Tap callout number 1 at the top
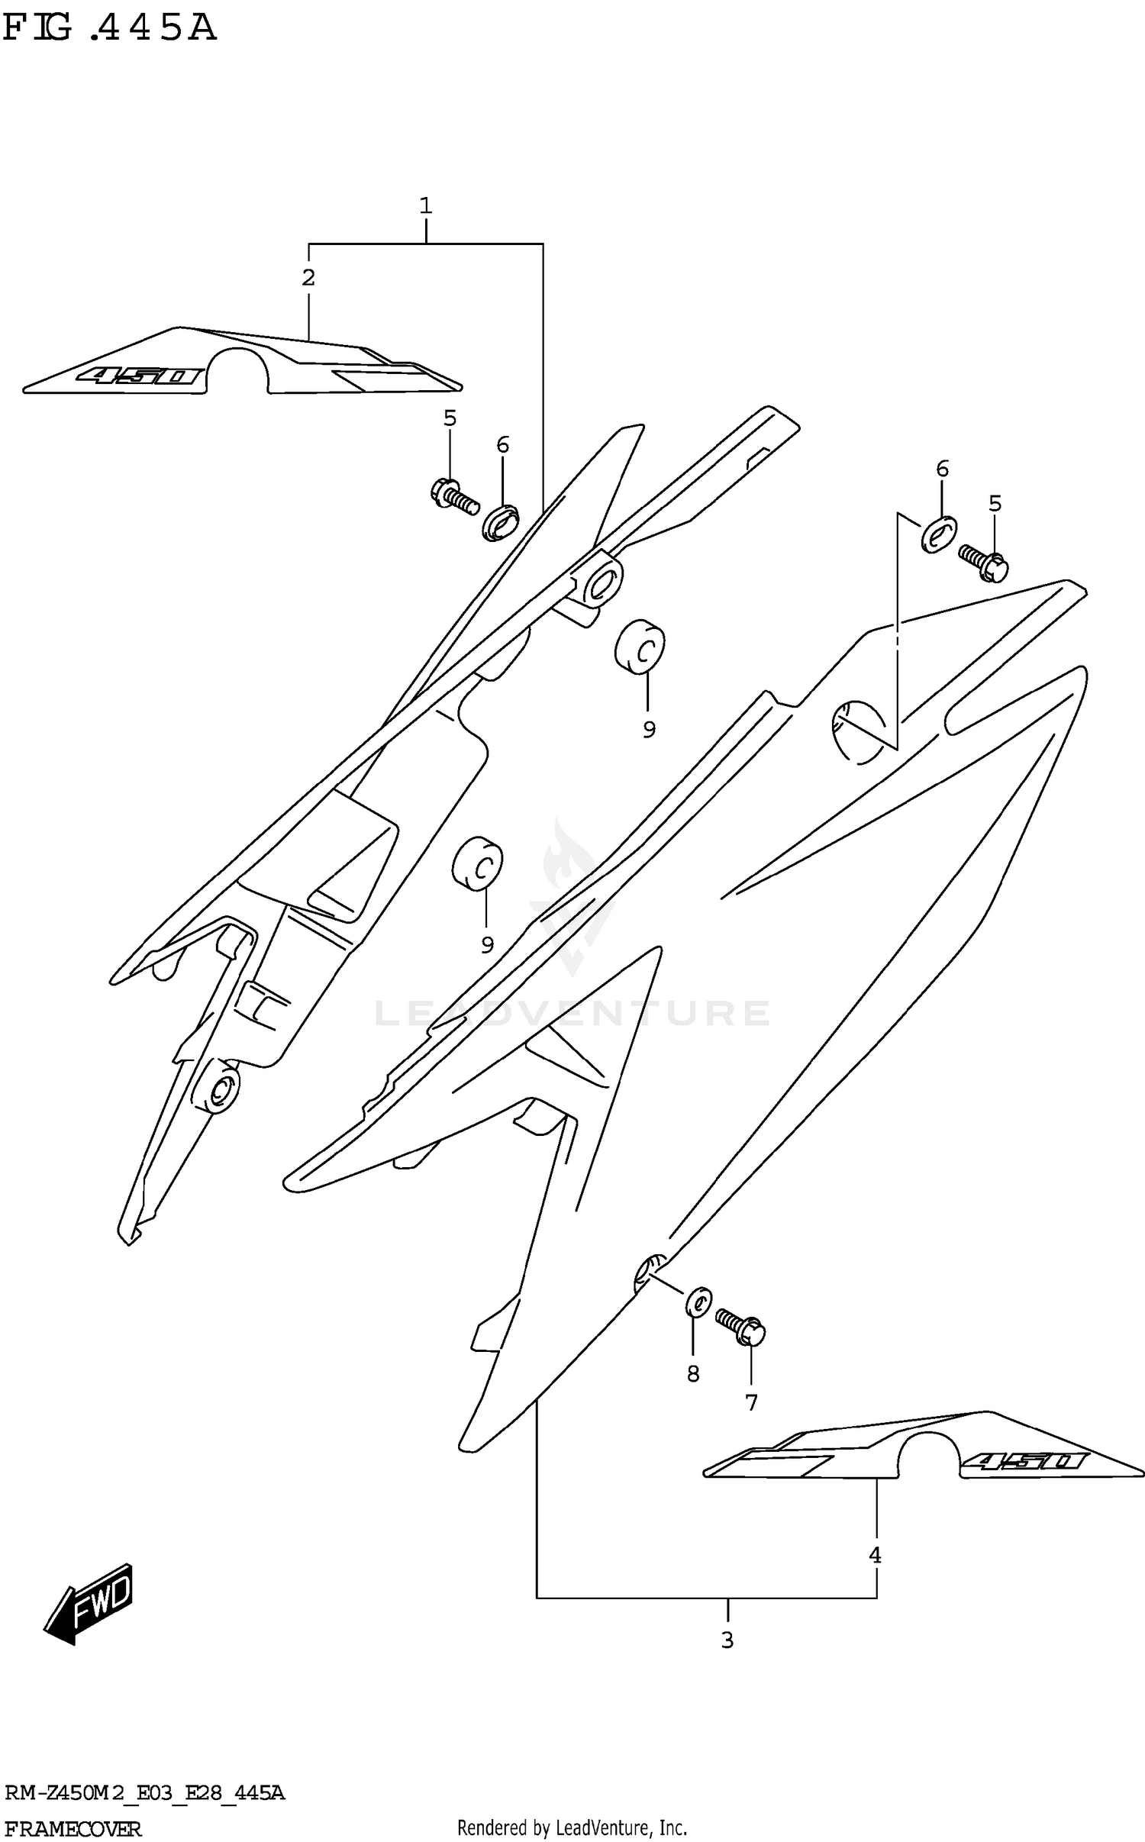tap(425, 205)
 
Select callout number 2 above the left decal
tap(308, 278)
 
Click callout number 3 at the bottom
tap(727, 1640)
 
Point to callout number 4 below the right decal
tap(875, 1555)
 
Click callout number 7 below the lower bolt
tap(751, 1402)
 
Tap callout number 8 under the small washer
tap(693, 1374)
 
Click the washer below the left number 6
tap(500, 524)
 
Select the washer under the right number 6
tap(939, 534)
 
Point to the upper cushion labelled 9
tap(640, 646)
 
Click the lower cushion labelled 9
tap(477, 864)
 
